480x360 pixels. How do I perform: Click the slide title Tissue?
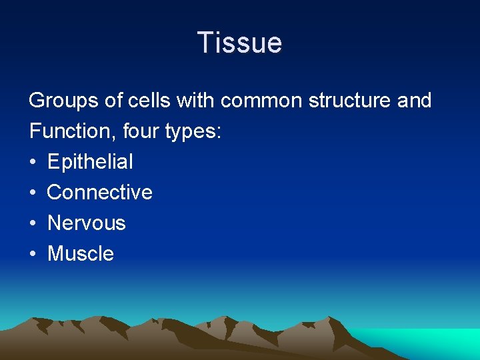pyautogui.click(x=240, y=43)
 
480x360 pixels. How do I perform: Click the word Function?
pyautogui.click(x=72, y=131)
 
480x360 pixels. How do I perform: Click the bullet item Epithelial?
pyautogui.click(x=90, y=162)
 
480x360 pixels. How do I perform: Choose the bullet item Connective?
pyautogui.click(x=100, y=193)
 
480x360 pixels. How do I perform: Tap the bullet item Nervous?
pyautogui.click(x=87, y=223)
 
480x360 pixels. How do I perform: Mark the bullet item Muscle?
pyautogui.click(x=81, y=254)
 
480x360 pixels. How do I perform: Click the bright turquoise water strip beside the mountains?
pyautogui.click(x=433, y=340)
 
